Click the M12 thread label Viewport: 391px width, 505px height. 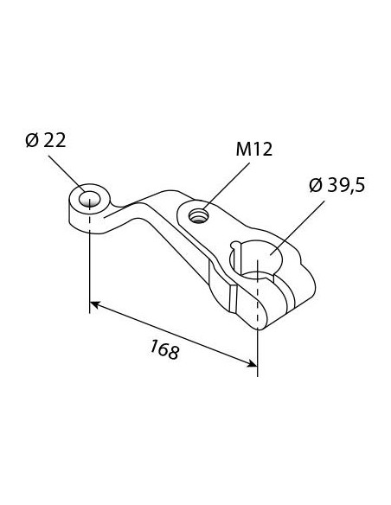[x=253, y=150]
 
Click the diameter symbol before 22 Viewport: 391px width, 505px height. [x=32, y=141]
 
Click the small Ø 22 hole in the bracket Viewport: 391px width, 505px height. [x=87, y=200]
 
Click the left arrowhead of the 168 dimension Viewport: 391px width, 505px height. [x=96, y=304]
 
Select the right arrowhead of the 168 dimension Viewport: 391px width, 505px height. [x=250, y=362]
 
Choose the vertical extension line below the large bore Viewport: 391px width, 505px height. [x=258, y=346]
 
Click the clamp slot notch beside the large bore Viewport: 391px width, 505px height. [x=236, y=252]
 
